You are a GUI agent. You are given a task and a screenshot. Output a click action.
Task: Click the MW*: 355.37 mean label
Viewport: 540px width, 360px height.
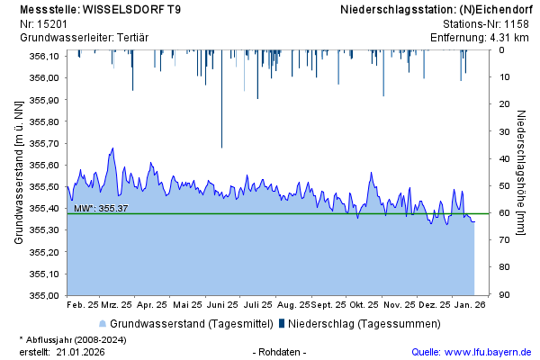(101, 208)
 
